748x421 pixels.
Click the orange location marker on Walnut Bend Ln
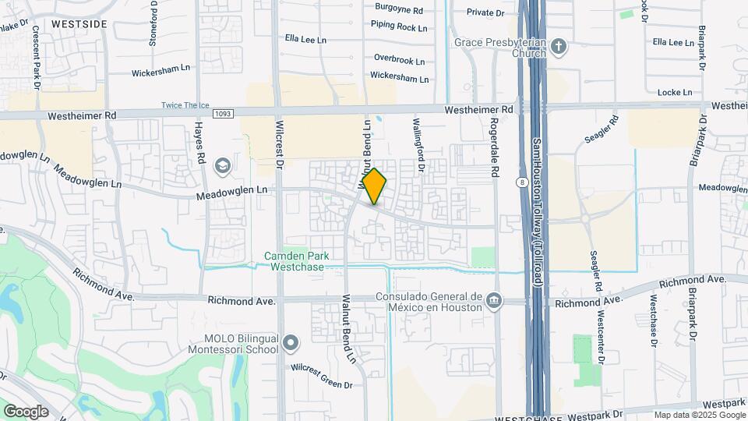point(374,186)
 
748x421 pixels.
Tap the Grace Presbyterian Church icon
point(558,47)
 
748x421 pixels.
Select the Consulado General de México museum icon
point(493,301)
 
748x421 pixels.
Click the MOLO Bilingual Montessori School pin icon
point(291,343)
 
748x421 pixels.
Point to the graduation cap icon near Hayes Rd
point(223,165)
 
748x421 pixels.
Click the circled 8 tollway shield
point(520,182)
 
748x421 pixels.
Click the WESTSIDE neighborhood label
point(79,24)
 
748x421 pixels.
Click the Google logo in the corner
point(26,411)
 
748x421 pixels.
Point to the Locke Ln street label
point(676,92)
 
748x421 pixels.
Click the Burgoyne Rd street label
point(398,11)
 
